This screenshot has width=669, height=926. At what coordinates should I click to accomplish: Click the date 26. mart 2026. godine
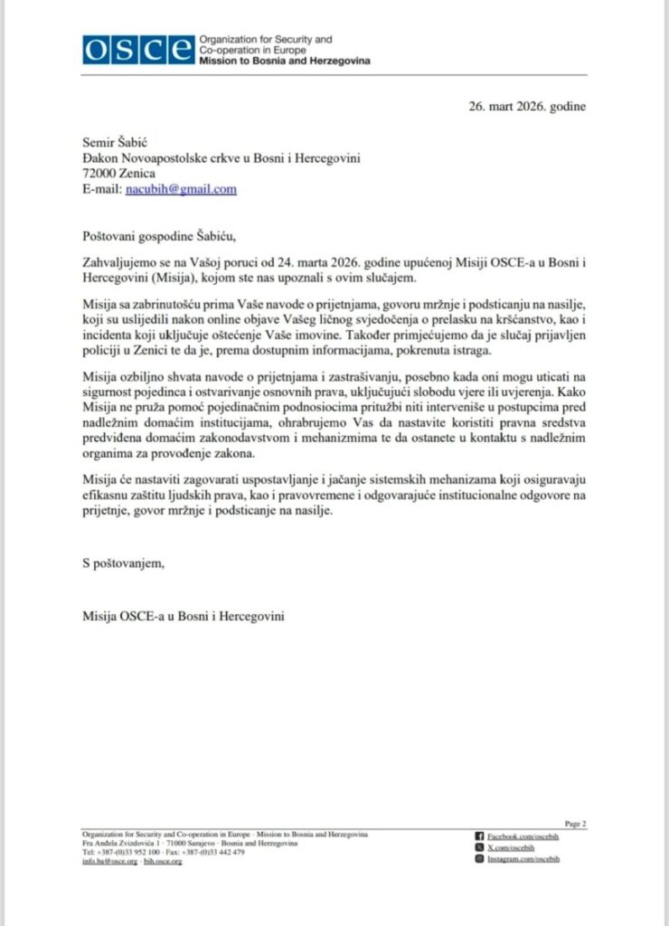tap(527, 106)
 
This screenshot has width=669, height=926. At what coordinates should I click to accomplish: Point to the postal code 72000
tap(99, 174)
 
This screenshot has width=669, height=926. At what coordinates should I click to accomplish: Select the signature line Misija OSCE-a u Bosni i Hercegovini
tap(183, 616)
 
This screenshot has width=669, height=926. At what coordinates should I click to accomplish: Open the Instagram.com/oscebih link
tap(523, 859)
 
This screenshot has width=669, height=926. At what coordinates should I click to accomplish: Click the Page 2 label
tap(575, 823)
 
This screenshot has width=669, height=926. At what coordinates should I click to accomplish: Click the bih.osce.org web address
tap(164, 862)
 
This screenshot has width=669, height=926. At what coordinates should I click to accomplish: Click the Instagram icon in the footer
tap(480, 859)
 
